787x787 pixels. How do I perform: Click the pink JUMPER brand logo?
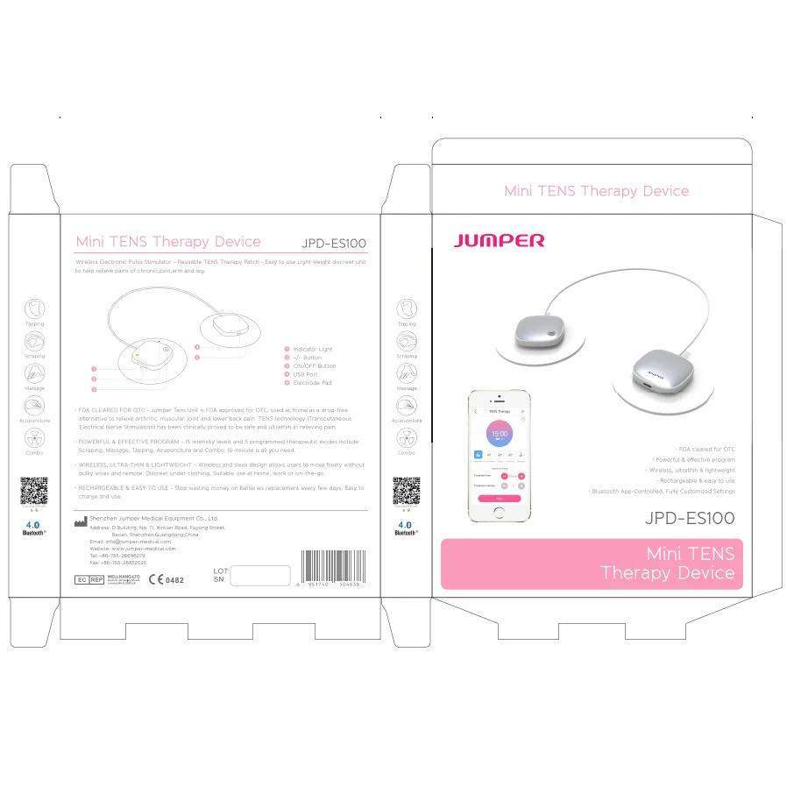coord(499,240)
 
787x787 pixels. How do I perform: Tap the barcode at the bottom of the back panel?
coord(333,565)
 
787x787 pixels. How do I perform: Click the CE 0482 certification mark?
coord(167,579)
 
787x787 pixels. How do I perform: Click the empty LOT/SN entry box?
coord(259,575)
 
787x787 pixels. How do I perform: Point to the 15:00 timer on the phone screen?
coord(498,434)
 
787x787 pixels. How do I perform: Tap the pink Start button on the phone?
coord(499,498)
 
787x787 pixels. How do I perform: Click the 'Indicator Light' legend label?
coord(313,350)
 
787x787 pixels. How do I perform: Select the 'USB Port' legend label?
coord(306,374)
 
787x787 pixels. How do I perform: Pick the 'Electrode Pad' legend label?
coord(312,383)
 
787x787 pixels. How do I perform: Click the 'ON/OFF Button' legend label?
coord(314,366)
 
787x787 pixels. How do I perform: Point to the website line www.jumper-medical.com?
coord(132,549)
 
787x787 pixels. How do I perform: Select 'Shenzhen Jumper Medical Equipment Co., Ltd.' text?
coord(153,519)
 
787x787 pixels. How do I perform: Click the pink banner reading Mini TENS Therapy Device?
coord(592,564)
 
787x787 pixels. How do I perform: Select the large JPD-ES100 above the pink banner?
coord(689,518)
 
